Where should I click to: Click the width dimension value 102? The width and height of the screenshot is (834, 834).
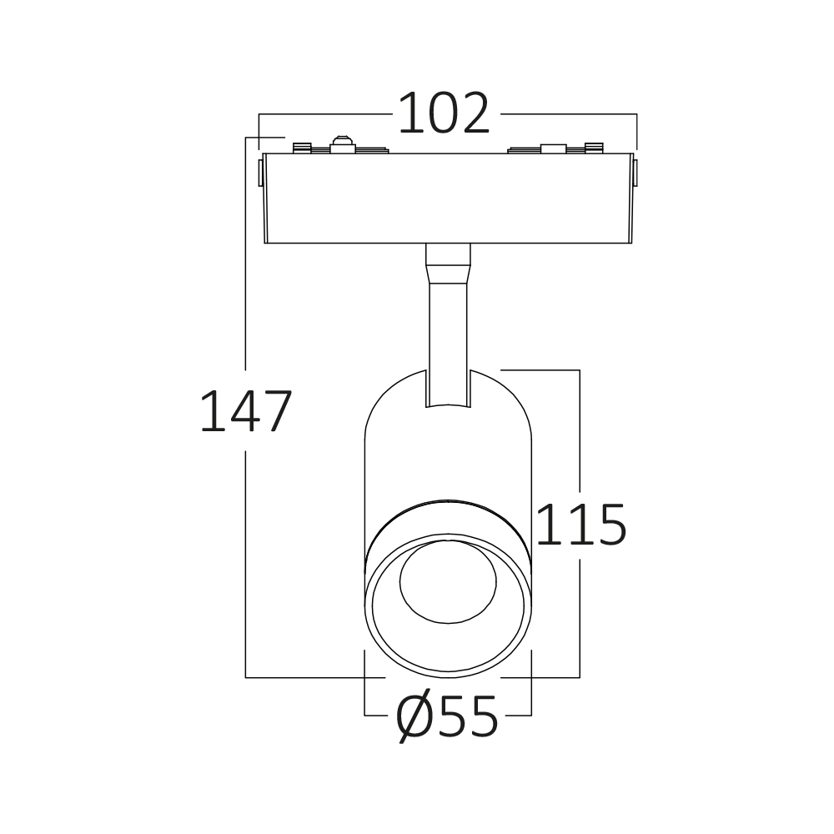pyautogui.click(x=444, y=113)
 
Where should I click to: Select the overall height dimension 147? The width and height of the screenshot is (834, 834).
pyautogui.click(x=246, y=410)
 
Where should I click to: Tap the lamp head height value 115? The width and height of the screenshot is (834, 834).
pyautogui.click(x=582, y=524)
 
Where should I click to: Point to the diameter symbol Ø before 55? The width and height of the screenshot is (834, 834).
pyautogui.click(x=414, y=716)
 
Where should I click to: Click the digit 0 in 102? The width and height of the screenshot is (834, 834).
pyautogui.click(x=444, y=113)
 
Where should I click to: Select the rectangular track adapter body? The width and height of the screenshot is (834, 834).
pyautogui.click(x=448, y=198)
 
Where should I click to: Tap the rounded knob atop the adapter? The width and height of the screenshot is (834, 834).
pyautogui.click(x=343, y=144)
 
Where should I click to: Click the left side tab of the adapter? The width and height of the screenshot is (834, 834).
pyautogui.click(x=260, y=173)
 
